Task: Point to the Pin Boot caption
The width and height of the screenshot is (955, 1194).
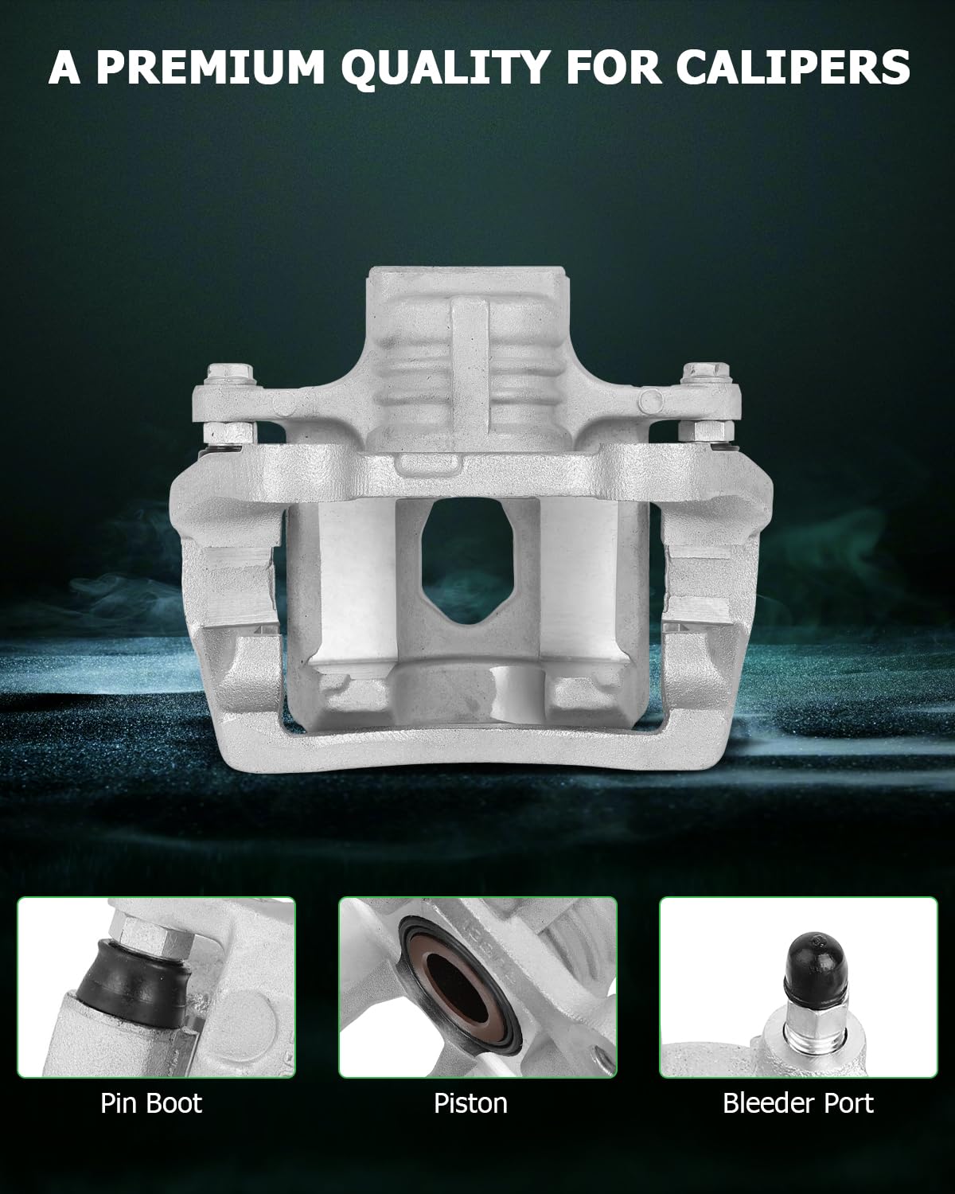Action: (151, 1103)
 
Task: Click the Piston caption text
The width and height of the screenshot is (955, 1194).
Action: (470, 1103)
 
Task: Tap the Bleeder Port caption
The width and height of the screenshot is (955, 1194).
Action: (798, 1103)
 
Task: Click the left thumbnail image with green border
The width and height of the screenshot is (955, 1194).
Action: (157, 987)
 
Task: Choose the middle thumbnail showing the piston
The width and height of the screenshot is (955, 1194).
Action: (477, 987)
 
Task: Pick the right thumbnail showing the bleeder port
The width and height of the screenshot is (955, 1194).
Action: (798, 987)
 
